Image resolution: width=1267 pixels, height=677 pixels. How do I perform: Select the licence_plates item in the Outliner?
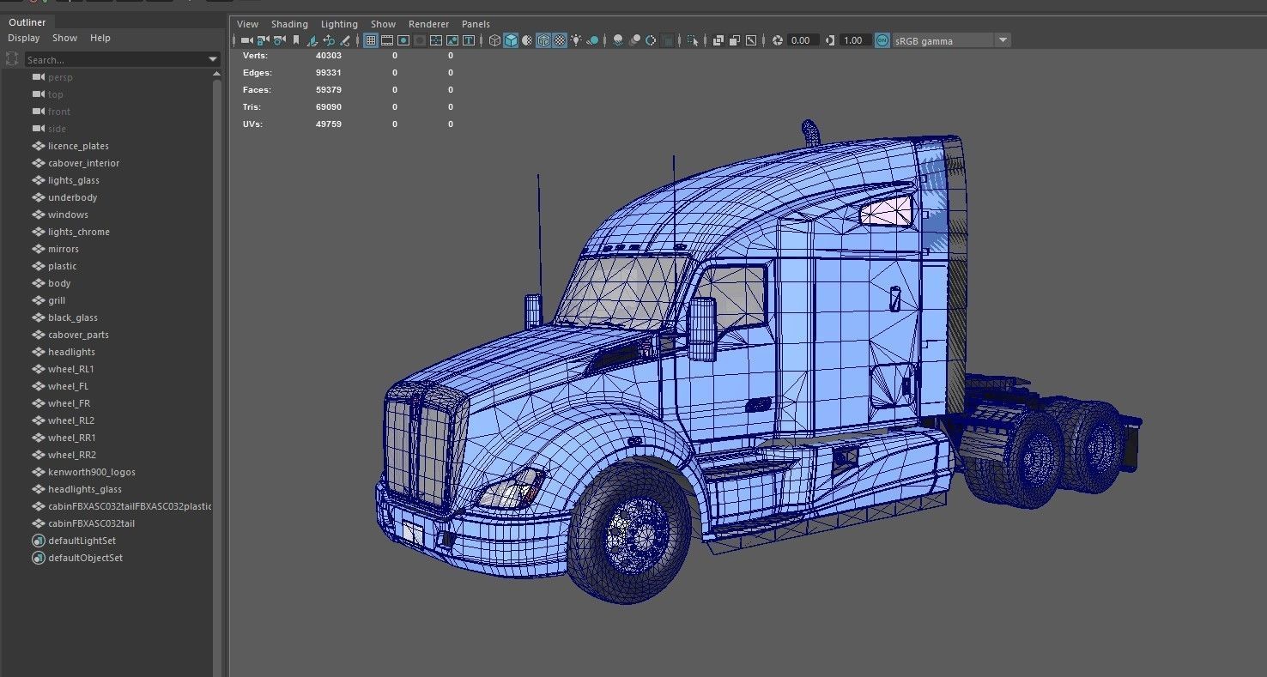click(78, 146)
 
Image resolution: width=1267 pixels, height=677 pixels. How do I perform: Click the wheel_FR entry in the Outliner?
click(69, 403)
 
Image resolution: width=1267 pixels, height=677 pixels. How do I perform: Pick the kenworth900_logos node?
click(91, 472)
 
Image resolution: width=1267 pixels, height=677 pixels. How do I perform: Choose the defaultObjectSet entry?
click(85, 558)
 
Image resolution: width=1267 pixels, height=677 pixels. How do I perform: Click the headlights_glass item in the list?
click(85, 489)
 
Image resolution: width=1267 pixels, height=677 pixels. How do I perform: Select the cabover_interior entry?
click(83, 163)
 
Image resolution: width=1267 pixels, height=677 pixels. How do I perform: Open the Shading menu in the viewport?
click(289, 24)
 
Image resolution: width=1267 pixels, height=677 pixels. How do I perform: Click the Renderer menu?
click(428, 24)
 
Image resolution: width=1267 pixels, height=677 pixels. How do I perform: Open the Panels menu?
click(476, 24)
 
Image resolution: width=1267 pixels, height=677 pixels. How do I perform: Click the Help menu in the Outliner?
click(100, 38)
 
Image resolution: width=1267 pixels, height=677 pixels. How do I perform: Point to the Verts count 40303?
click(329, 56)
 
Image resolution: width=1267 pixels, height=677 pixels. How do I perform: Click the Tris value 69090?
click(329, 107)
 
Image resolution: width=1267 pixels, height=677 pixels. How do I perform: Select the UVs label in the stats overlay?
click(252, 124)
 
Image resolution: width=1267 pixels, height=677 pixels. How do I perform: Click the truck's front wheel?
click(629, 534)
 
